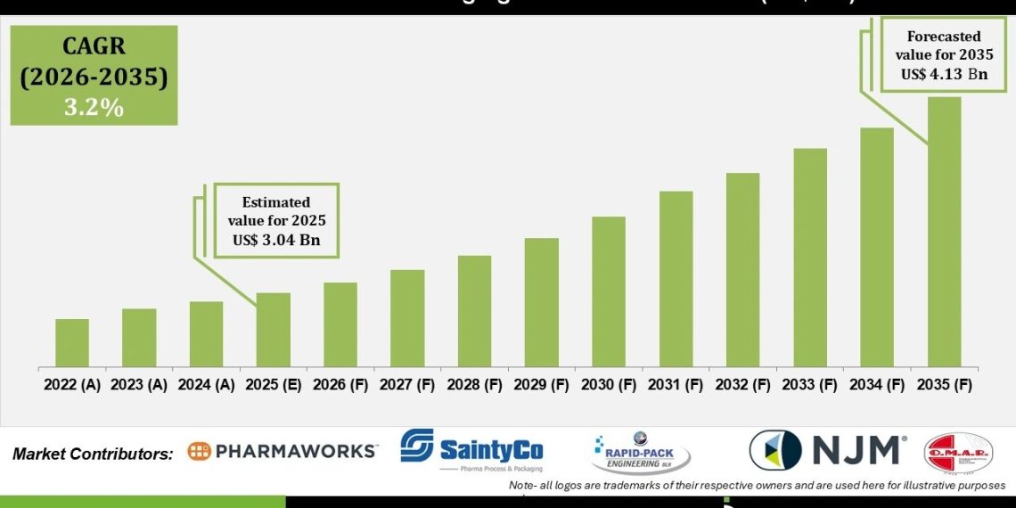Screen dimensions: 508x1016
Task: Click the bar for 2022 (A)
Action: [72, 343]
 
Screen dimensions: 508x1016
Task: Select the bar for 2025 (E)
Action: [274, 330]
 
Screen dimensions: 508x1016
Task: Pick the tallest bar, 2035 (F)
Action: [945, 232]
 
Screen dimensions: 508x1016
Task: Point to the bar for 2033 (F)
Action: [810, 258]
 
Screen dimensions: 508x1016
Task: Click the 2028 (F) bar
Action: [474, 311]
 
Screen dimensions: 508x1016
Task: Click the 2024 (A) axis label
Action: [206, 385]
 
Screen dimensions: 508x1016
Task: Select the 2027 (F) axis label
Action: [407, 385]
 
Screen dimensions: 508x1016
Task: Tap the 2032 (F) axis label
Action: [742, 385]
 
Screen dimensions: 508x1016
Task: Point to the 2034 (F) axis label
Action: [877, 385]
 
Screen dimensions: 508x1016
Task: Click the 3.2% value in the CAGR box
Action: [94, 107]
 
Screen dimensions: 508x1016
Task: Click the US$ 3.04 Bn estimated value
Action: [276, 240]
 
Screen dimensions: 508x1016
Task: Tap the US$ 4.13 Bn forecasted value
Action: [945, 74]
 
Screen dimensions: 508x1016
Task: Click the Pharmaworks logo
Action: [283, 451]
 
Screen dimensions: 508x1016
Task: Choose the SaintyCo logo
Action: [471, 449]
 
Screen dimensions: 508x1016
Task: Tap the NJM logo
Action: [828, 450]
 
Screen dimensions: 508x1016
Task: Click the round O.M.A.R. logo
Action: [958, 453]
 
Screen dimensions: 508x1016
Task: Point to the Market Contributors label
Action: [93, 454]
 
